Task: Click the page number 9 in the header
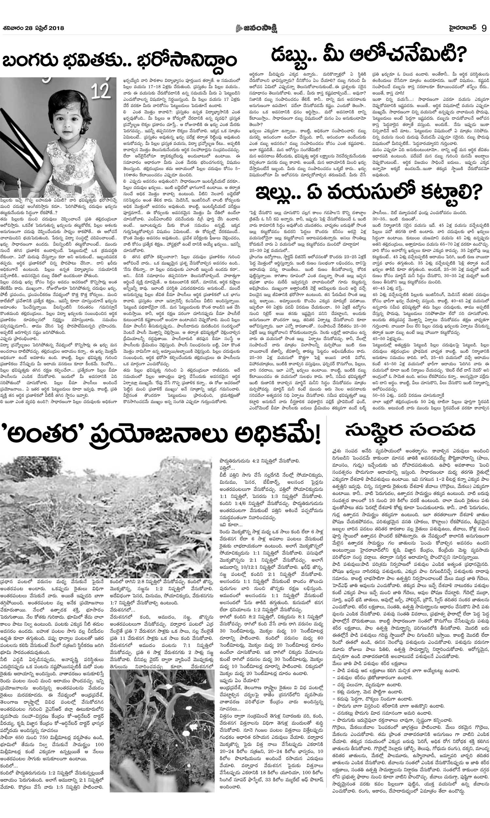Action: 484,28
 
